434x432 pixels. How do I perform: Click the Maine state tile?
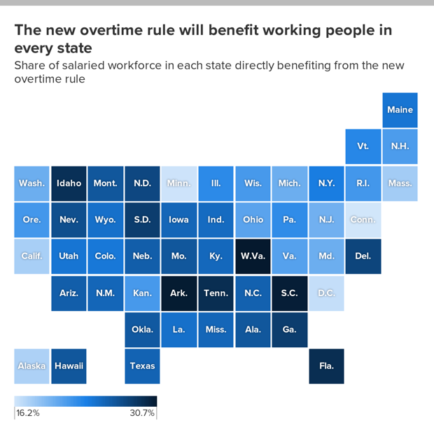[400, 110]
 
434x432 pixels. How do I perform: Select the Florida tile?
[326, 365]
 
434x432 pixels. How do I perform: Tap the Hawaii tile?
[69, 365]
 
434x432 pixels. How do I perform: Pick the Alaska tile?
[31, 365]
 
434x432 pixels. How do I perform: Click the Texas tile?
[142, 365]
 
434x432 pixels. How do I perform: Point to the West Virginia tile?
[253, 256]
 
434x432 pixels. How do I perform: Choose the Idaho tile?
[69, 183]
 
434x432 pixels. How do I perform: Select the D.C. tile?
[326, 293]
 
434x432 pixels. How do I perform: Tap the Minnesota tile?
[178, 183]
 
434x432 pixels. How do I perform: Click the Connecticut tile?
[363, 220]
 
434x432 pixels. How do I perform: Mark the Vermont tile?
[363, 146]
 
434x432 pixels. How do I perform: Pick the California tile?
[31, 256]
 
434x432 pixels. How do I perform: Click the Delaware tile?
[363, 256]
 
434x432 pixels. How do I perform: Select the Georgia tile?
[289, 329]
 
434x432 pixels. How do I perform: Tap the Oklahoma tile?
[142, 329]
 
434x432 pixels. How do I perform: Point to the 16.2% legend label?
[28, 413]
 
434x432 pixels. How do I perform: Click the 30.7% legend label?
[142, 413]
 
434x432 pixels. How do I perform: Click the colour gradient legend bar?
[85, 401]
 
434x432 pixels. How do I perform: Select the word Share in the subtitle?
[30, 66]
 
